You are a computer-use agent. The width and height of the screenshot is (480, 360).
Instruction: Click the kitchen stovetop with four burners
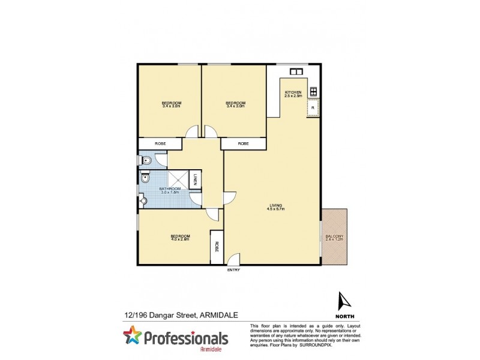pos(313,92)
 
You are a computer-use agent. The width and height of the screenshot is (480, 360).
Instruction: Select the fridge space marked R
pos(312,108)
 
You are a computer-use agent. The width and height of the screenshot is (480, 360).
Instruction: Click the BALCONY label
pos(334,238)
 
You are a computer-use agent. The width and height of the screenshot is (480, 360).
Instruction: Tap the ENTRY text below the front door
pos(233,270)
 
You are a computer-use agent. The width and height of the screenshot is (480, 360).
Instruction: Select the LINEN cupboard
pos(196,179)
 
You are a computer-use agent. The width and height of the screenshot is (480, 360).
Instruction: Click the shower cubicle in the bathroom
pos(178,179)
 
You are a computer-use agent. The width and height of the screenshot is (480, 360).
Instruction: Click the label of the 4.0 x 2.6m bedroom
pos(180,238)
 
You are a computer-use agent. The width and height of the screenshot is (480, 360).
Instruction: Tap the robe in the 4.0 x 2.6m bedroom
pos(216,247)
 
